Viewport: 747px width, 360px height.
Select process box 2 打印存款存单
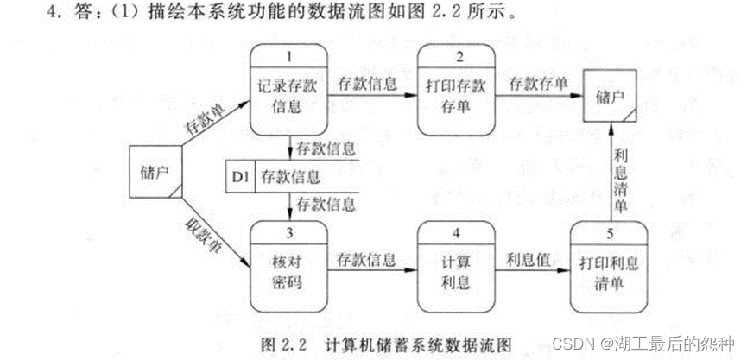click(x=454, y=95)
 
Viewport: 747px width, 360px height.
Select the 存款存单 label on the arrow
click(x=536, y=84)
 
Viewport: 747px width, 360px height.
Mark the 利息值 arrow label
click(x=529, y=257)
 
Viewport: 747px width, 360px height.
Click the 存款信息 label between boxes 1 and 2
click(x=367, y=84)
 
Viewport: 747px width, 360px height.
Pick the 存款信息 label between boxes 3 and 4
click(x=367, y=257)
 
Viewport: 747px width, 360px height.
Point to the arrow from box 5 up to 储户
click(x=610, y=173)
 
